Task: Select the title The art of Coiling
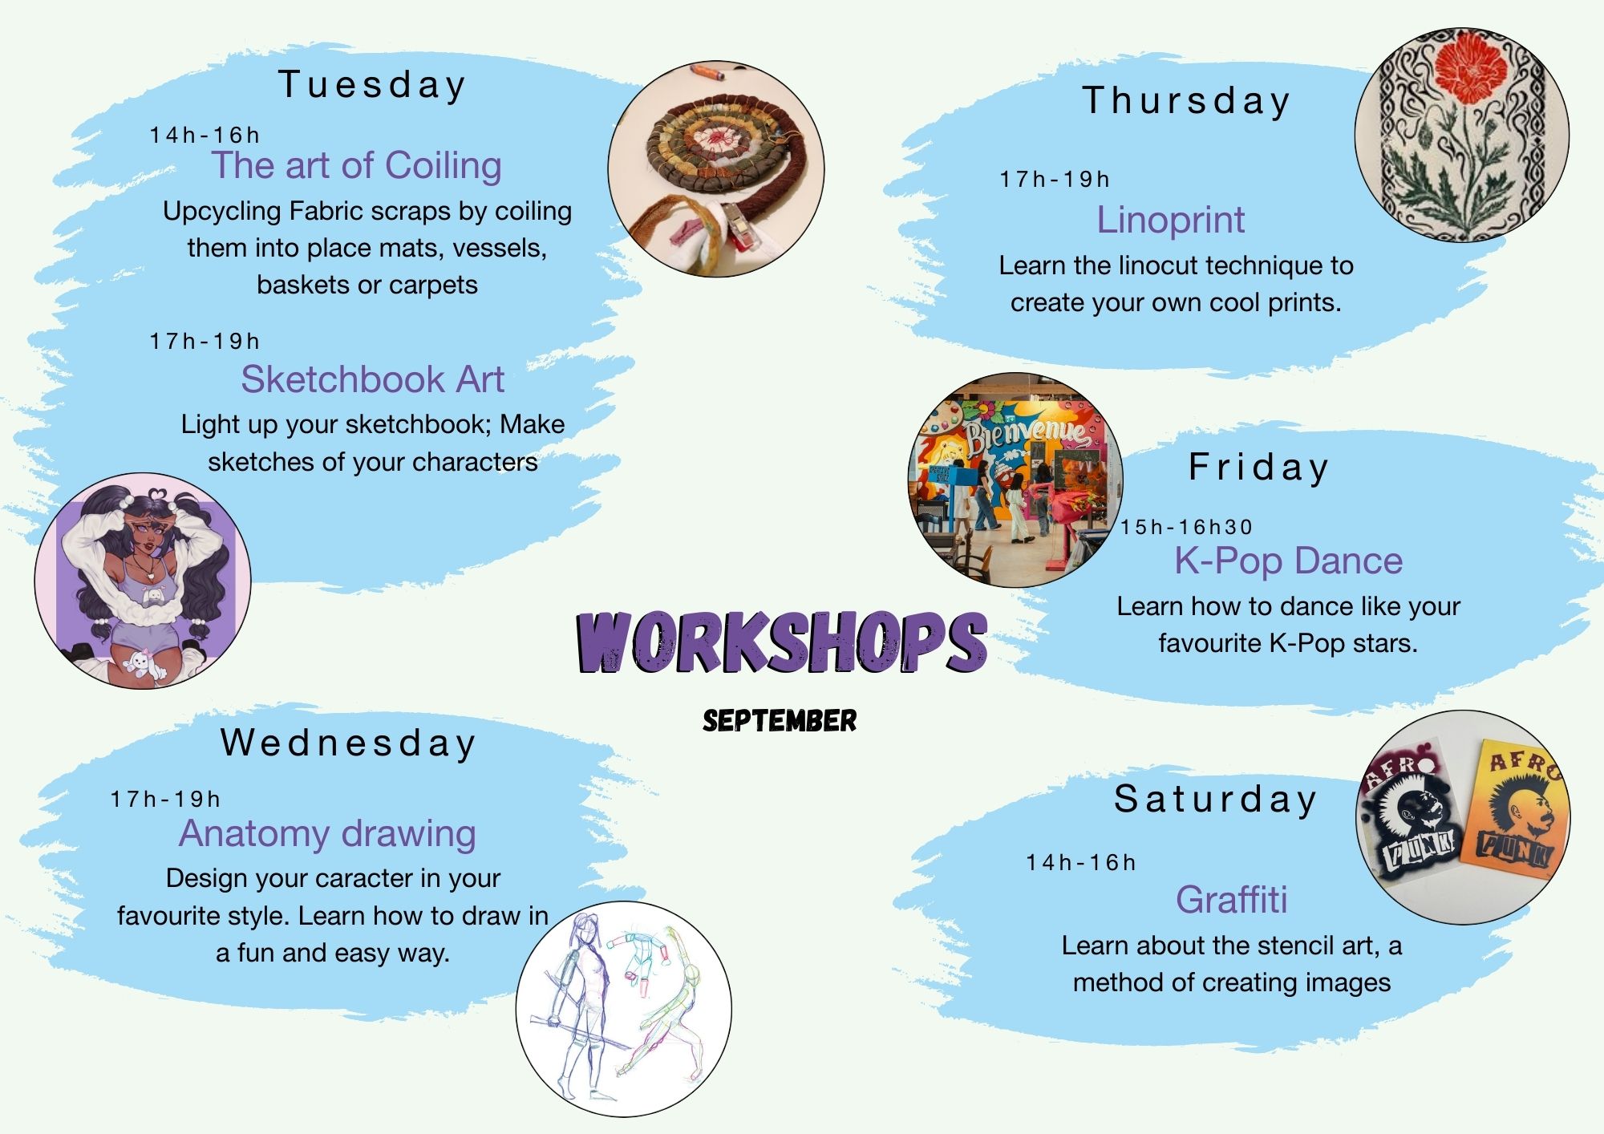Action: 357,166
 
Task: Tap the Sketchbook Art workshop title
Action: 373,379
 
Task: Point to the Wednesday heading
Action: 348,743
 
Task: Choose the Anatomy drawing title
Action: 327,834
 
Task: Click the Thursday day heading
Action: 1186,101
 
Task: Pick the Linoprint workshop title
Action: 1171,220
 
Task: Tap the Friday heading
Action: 1258,468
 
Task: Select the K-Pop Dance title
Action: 1289,561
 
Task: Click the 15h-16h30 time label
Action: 1186,527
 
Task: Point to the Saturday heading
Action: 1216,800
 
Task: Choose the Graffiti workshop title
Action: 1232,900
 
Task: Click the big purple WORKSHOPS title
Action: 781,642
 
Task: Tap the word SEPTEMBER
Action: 780,720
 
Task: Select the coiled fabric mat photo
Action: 716,170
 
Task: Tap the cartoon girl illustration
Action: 143,581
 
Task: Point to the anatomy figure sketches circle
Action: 623,1009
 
